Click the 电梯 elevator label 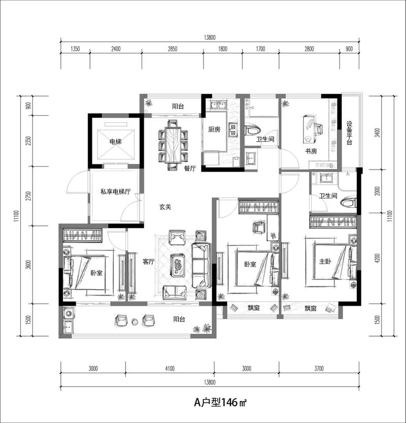click(x=115, y=141)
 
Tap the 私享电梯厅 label click(x=115, y=192)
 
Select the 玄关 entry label click(x=165, y=207)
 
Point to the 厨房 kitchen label click(x=214, y=129)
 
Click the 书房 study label click(x=311, y=151)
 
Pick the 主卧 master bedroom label click(x=325, y=261)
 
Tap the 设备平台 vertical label click(x=349, y=133)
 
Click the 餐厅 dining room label click(x=190, y=169)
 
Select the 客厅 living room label click(x=149, y=262)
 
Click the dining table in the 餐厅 click(x=173, y=145)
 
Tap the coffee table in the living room click(x=178, y=265)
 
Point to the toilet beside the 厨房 click(x=253, y=130)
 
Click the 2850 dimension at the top click(x=173, y=49)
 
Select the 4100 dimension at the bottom click(x=170, y=369)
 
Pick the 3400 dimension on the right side click(x=378, y=133)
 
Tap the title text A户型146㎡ click(x=221, y=403)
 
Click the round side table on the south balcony click(x=135, y=321)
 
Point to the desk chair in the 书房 click(x=318, y=129)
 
